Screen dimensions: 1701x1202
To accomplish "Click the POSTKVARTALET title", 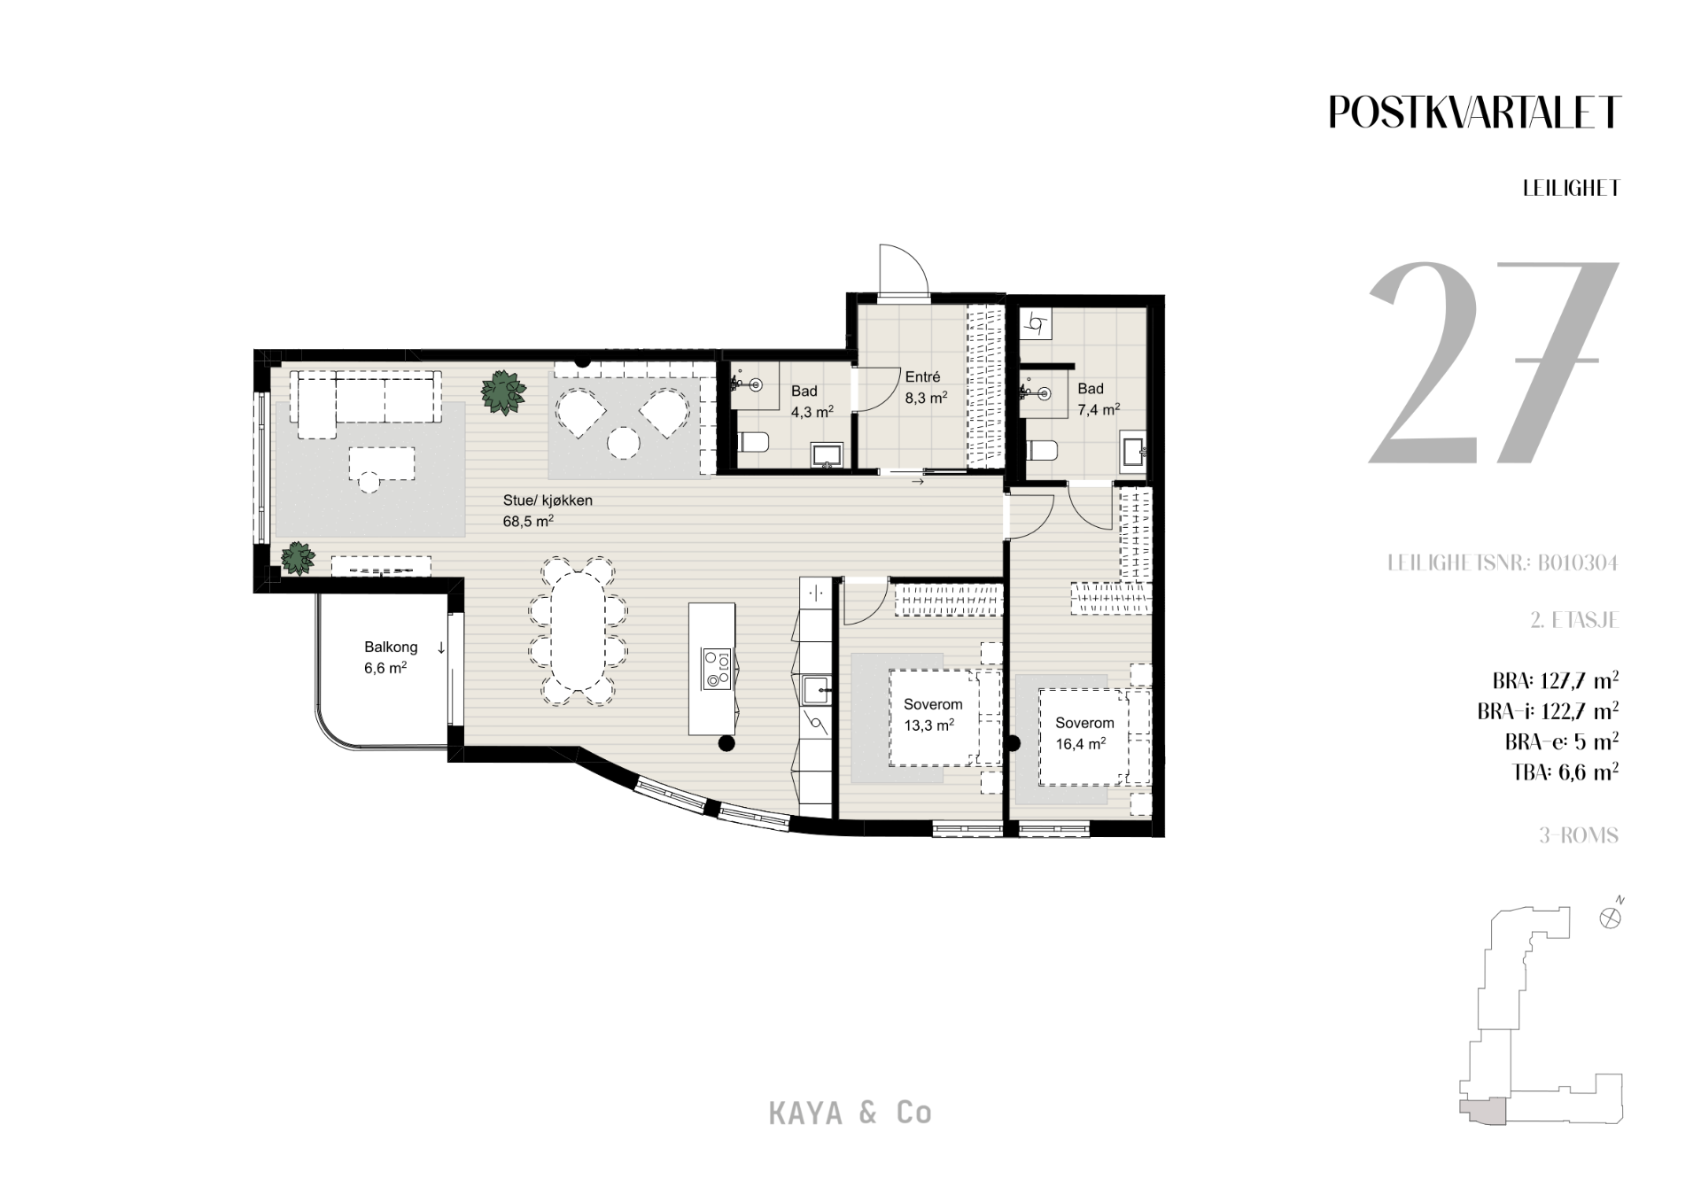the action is pos(1474,112).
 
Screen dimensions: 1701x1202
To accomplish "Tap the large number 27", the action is pos(1494,363).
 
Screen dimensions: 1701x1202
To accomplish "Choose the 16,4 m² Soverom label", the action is pos(1084,733).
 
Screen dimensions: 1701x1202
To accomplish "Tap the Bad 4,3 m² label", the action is pos(811,401).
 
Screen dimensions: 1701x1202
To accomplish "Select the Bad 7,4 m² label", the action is pos(1098,399).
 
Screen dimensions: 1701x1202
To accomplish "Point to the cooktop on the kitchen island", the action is pos(716,669).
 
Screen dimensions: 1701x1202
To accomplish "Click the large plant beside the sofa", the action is pos(502,392).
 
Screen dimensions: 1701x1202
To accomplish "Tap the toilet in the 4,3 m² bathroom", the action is pos(753,442).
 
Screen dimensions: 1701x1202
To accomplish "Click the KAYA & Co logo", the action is pos(850,1113).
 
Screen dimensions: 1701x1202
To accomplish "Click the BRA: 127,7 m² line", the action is pos(1556,681).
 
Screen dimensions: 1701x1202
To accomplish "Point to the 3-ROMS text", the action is pos(1579,835).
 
